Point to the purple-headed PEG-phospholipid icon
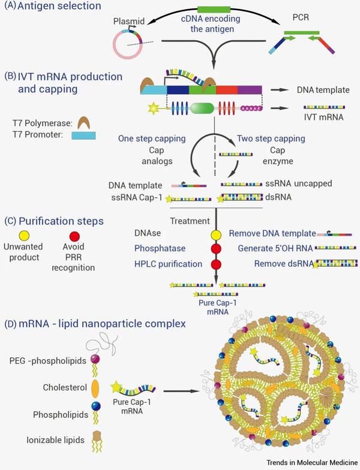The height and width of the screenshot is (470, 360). (x=95, y=360)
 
